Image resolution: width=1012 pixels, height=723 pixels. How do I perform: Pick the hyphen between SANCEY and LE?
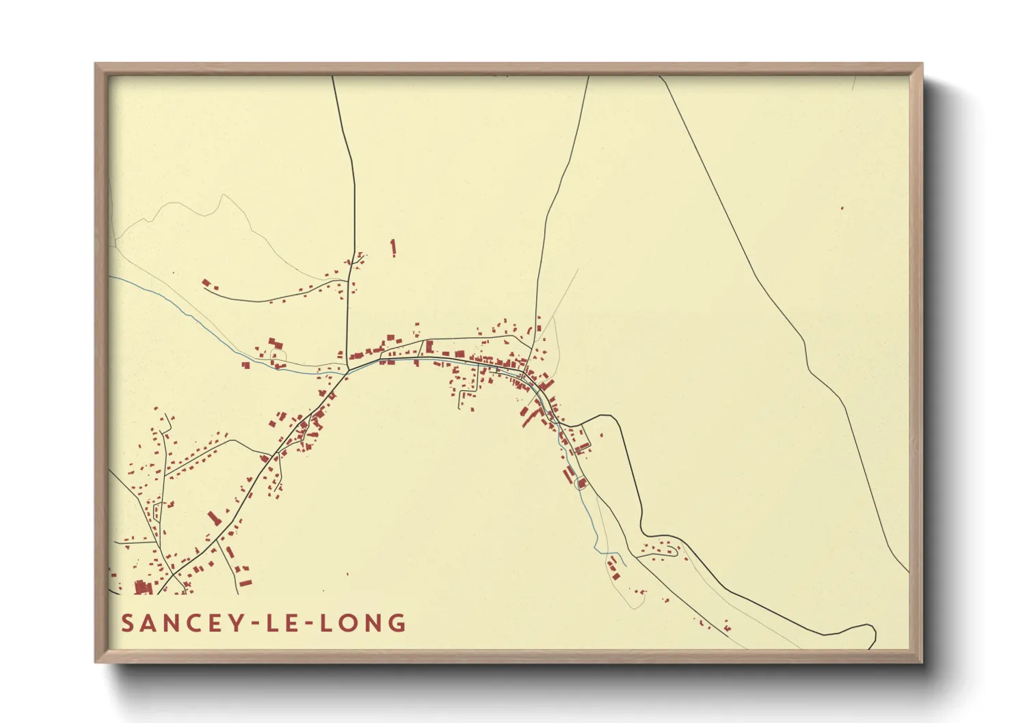[255, 623]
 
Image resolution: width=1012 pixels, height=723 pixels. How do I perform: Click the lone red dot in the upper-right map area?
[842, 208]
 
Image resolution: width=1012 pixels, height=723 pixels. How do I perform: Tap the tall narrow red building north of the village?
[393, 247]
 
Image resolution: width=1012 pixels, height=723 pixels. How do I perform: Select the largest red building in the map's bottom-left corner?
[143, 587]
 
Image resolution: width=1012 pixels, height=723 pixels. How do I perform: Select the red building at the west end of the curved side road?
[206, 282]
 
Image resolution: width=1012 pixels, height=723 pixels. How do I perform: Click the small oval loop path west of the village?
[278, 356]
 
